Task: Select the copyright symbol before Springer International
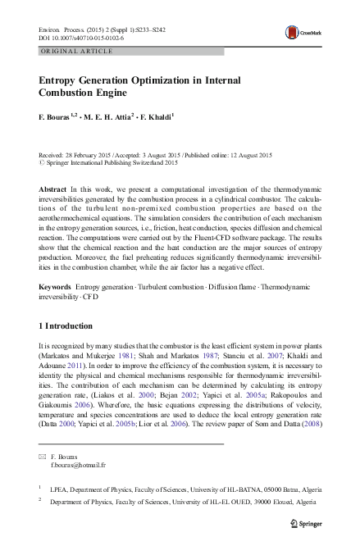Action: [42, 163]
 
